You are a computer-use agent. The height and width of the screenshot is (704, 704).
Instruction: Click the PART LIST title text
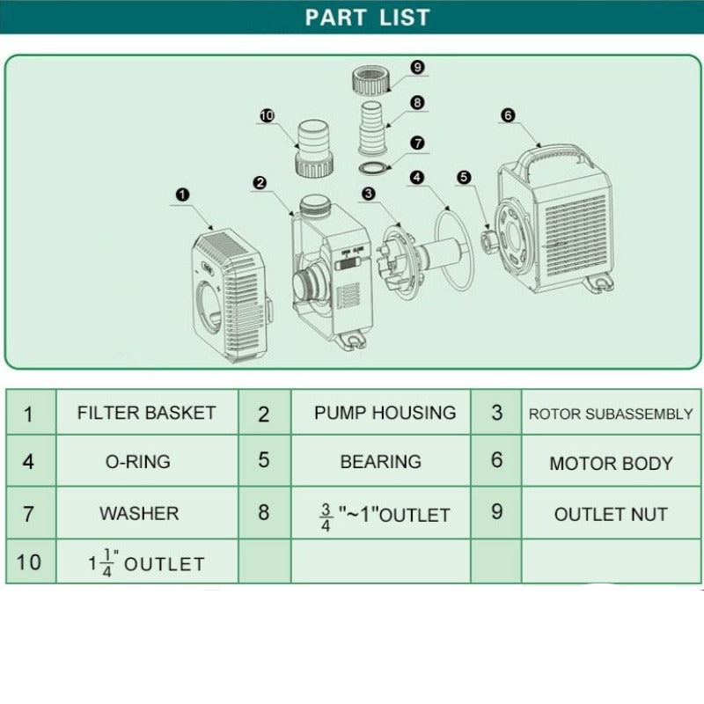pos(367,18)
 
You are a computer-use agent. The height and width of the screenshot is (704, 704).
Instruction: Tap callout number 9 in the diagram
pos(417,68)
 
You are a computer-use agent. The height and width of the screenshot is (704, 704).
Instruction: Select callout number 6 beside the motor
pos(508,115)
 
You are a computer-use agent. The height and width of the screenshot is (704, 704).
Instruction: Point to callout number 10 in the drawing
pos(268,116)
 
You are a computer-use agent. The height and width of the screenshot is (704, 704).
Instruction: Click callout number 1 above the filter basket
pos(182,194)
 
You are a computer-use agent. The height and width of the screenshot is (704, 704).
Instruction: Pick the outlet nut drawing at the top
pos(370,80)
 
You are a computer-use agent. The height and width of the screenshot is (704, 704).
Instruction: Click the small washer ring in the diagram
pos(374,169)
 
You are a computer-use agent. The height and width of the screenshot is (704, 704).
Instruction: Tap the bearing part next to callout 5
pos(488,241)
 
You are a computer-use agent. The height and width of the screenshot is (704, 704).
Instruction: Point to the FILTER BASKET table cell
pos(147,412)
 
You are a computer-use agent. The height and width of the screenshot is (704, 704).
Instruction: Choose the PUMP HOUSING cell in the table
pos(381,412)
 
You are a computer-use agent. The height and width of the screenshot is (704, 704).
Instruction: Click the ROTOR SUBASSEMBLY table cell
pos(611,412)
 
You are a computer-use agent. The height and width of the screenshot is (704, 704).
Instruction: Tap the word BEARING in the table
pos(381,461)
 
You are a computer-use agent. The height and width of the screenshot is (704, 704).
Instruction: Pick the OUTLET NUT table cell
pos(611,513)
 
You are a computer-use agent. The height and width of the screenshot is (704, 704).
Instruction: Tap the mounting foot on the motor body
pos(598,282)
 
